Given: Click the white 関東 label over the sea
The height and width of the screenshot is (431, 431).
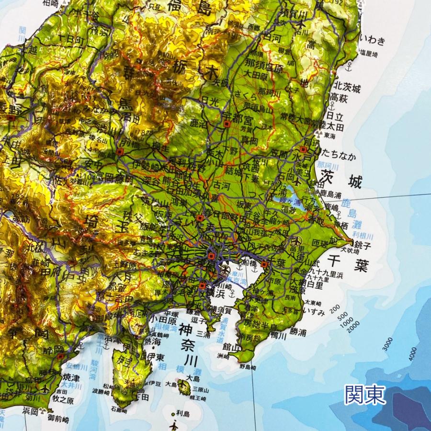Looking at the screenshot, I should [364, 395].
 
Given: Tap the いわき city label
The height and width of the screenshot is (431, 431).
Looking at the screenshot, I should [375, 39].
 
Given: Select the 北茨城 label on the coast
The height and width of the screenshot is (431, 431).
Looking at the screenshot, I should [347, 87].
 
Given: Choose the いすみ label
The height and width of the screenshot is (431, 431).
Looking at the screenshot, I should [315, 312].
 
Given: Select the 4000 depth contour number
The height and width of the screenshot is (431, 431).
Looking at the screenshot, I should [412, 357].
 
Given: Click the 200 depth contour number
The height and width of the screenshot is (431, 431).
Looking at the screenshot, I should [334, 307].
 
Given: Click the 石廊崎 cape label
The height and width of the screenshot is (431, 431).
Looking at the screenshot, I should [119, 409].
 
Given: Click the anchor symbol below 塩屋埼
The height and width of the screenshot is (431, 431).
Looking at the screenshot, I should [349, 64].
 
